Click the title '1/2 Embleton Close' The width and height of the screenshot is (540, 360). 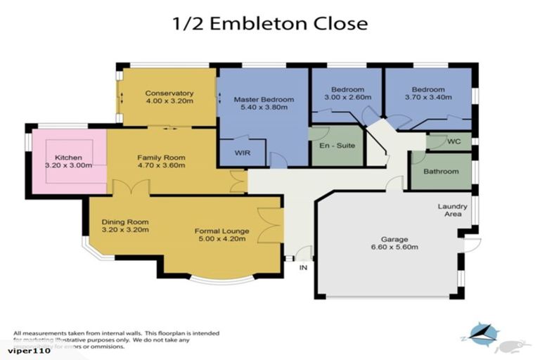tap(270, 22)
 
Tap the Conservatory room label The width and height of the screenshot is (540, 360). tap(169, 93)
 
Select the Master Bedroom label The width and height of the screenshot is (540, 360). tap(264, 100)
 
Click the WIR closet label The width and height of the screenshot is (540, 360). tap(232, 152)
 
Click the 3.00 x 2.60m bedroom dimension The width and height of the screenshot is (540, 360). tap(347, 98)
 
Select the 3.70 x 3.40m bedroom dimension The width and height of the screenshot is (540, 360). tap(428, 98)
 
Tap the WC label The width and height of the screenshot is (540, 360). tap(454, 141)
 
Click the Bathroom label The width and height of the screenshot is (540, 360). tap(441, 172)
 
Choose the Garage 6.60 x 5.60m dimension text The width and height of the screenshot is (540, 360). tap(394, 247)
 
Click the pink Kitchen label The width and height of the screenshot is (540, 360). tap(68, 157)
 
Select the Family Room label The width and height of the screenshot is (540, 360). tap(161, 157)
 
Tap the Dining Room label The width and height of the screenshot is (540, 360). tap(124, 221)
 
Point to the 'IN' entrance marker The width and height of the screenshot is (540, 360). tap(303, 267)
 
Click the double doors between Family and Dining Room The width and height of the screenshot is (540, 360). tap(131, 187)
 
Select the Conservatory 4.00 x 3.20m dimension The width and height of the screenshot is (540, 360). tap(169, 101)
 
